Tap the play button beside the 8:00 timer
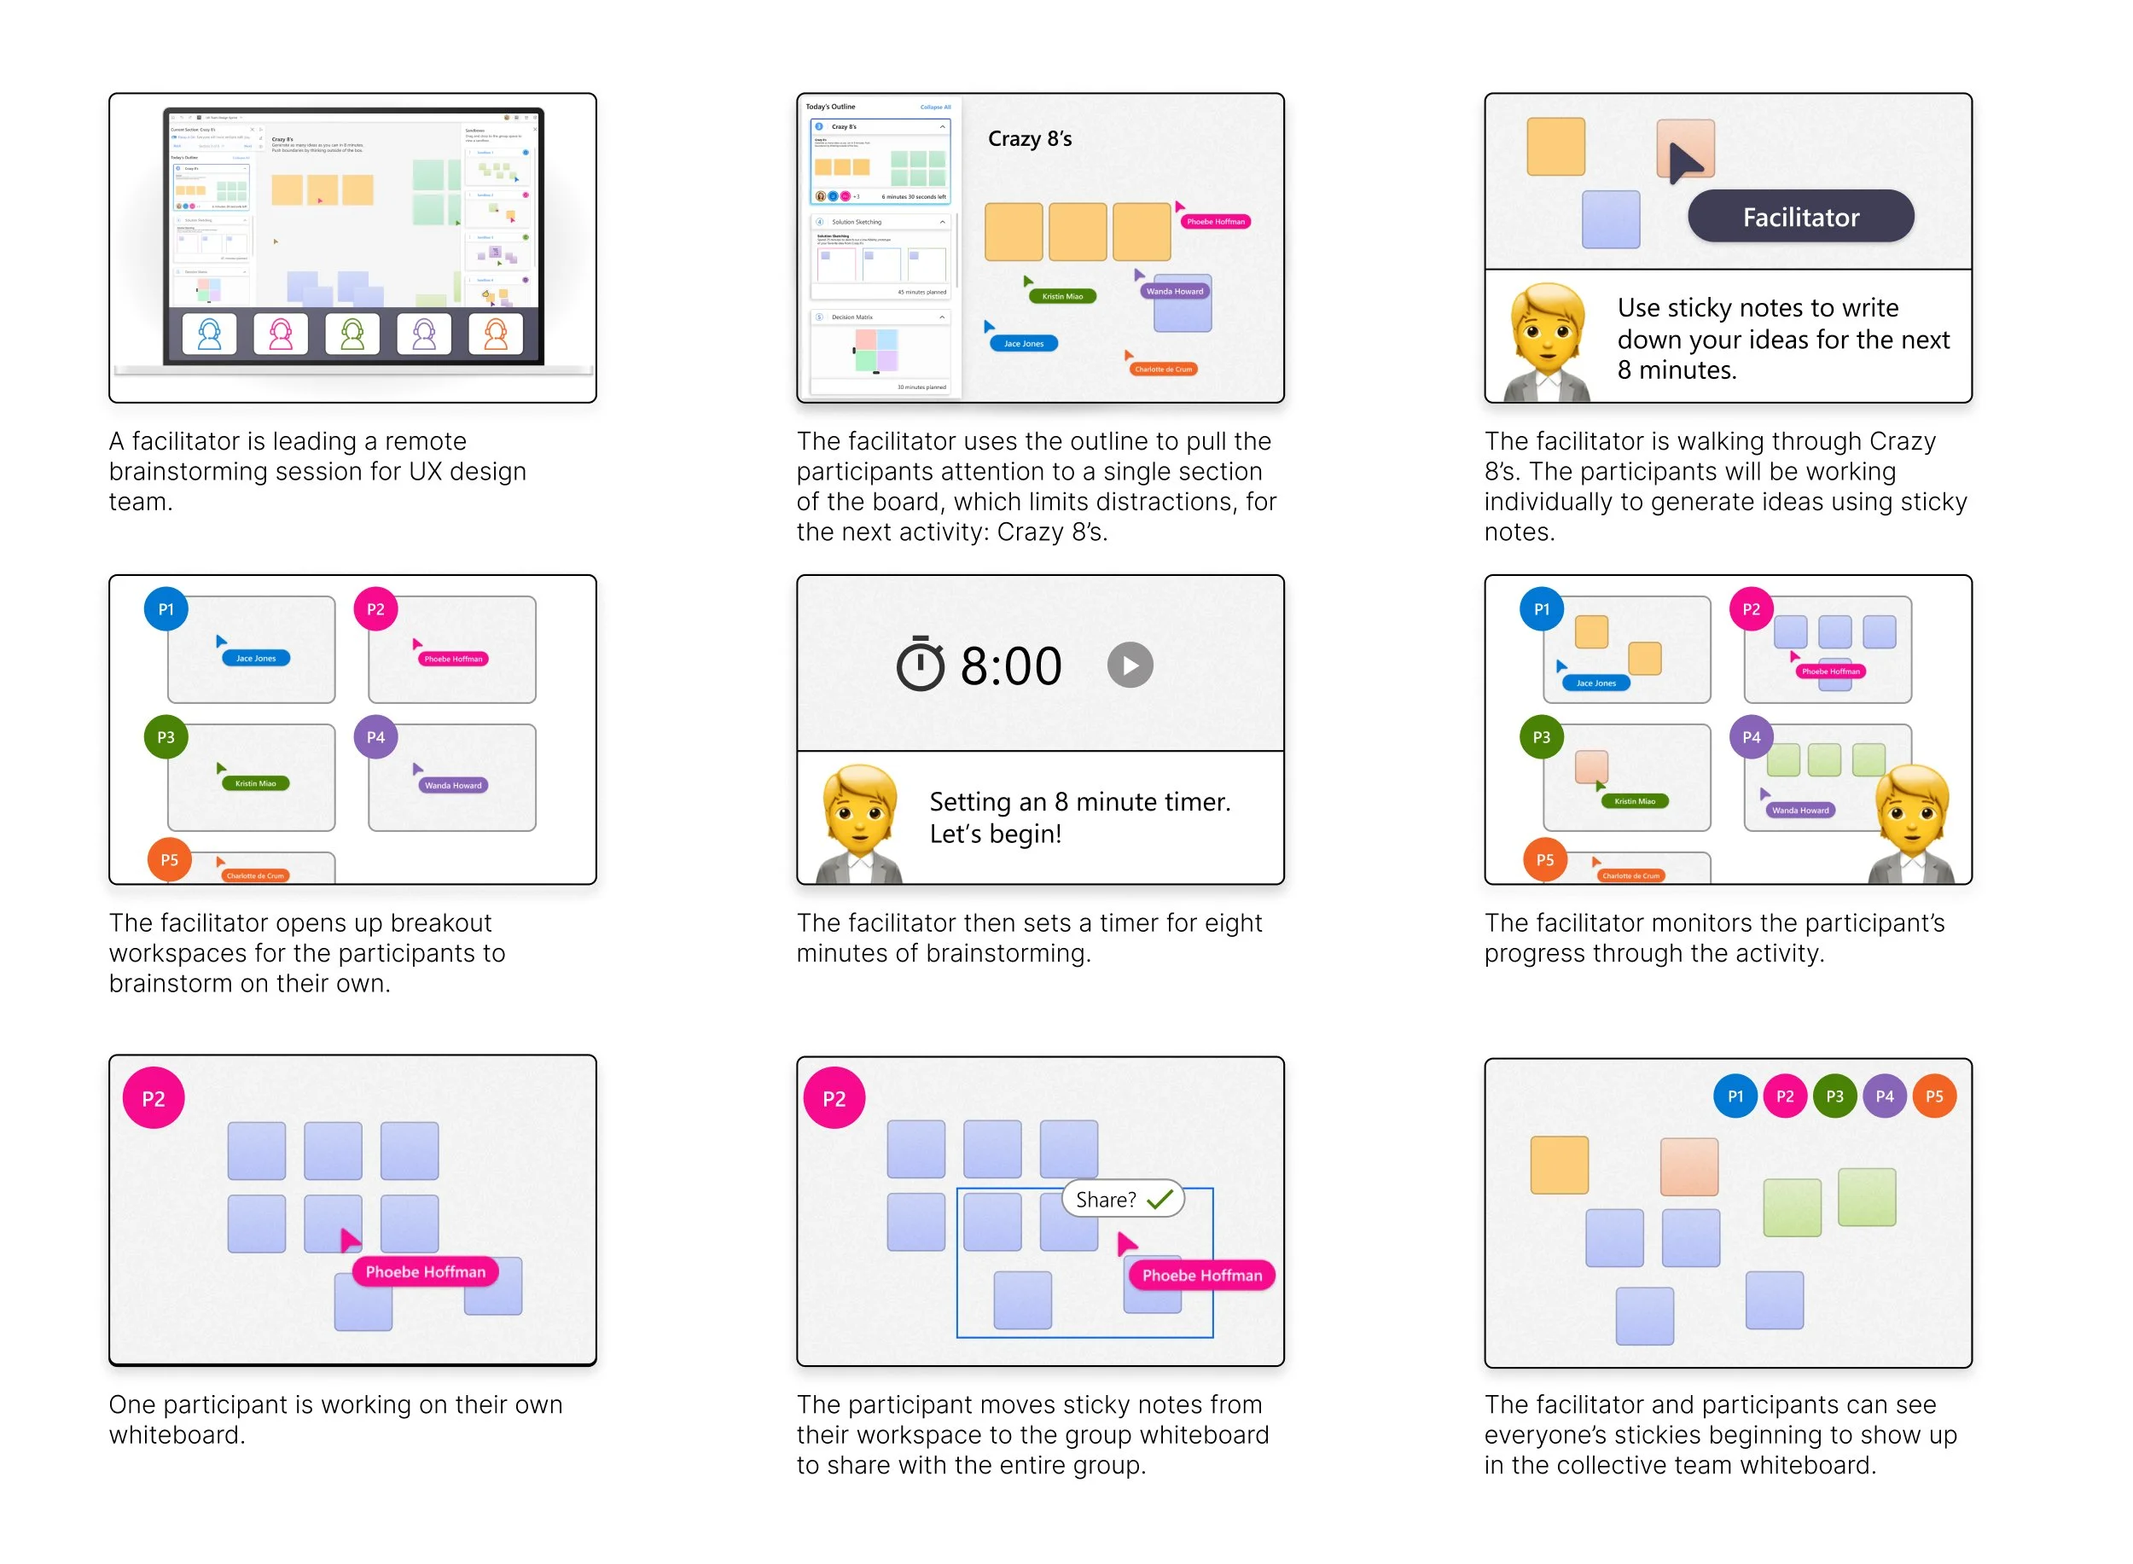point(1130,665)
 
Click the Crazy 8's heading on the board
point(1029,139)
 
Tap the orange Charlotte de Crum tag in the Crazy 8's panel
point(1163,369)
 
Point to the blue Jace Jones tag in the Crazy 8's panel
point(1024,344)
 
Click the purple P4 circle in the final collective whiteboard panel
point(1883,1096)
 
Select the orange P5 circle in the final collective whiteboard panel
point(1933,1096)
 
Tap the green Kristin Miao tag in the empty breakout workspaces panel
point(256,783)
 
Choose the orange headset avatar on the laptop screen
point(496,334)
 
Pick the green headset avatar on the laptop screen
point(352,334)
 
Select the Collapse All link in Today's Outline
point(934,107)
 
